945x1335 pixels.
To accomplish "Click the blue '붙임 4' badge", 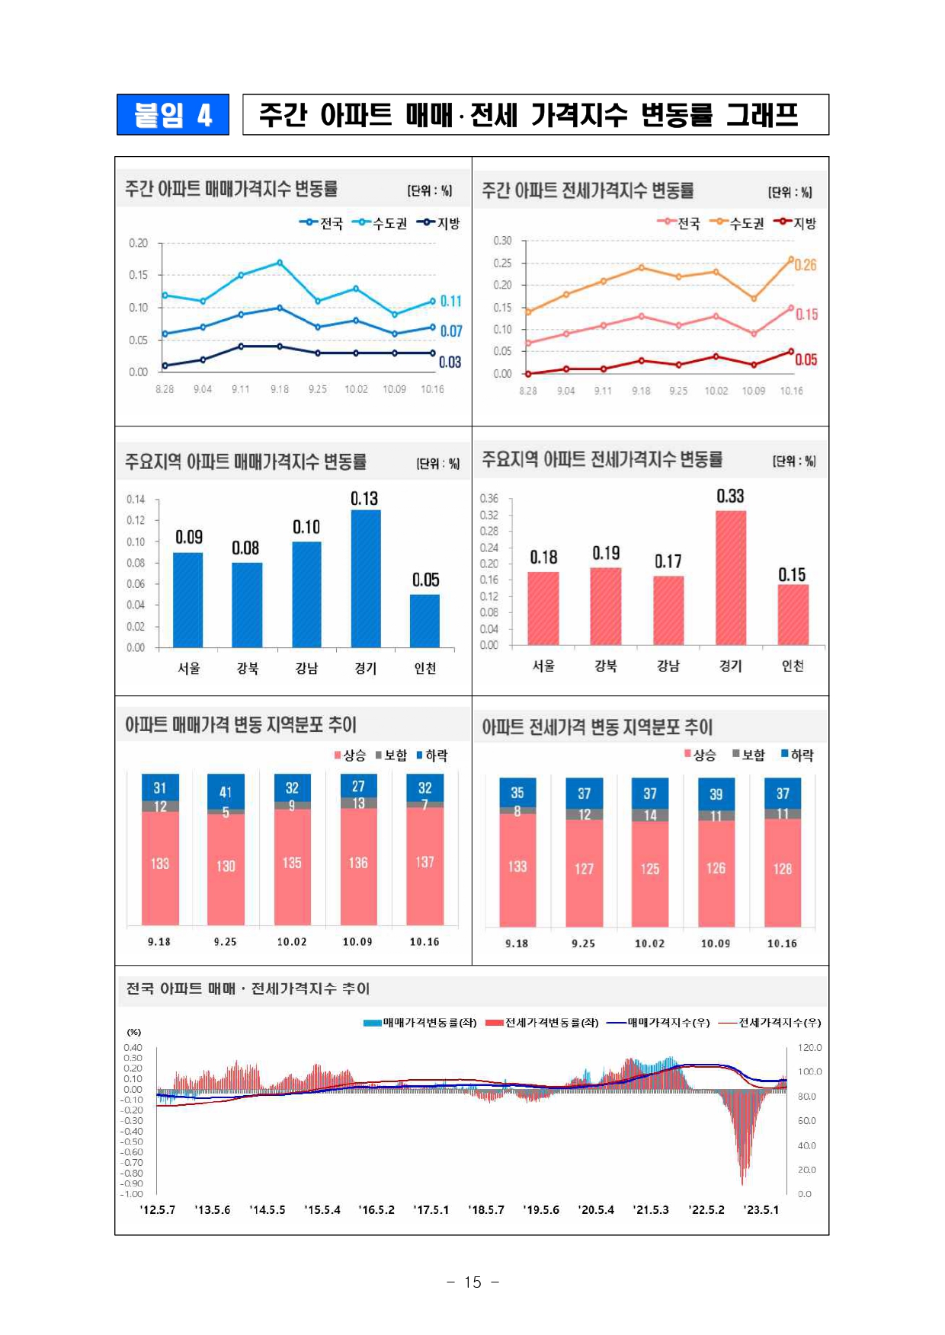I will coord(172,115).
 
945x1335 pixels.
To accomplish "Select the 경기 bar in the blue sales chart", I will coord(366,579).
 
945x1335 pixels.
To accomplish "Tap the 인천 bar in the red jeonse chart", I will coord(793,615).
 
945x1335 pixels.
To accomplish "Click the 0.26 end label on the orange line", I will coord(806,265).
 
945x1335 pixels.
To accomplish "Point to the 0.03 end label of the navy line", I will coord(450,362).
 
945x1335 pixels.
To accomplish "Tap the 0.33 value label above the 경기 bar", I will coord(730,497).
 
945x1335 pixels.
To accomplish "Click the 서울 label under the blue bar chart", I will coord(189,668).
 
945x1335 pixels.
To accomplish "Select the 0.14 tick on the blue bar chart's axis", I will coord(136,500).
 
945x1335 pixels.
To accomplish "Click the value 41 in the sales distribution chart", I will coord(226,792).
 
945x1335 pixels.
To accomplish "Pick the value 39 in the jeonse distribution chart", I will coord(716,794).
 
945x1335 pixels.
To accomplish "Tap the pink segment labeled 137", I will coord(424,862).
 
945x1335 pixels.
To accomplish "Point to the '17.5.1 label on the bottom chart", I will coord(431,1209).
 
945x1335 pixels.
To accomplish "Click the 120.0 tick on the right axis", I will coord(809,1048).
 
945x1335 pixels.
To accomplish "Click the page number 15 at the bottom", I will coord(472,1282).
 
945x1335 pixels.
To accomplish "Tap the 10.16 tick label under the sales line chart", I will coord(432,389).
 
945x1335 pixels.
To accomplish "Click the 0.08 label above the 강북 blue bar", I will coord(245,548).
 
